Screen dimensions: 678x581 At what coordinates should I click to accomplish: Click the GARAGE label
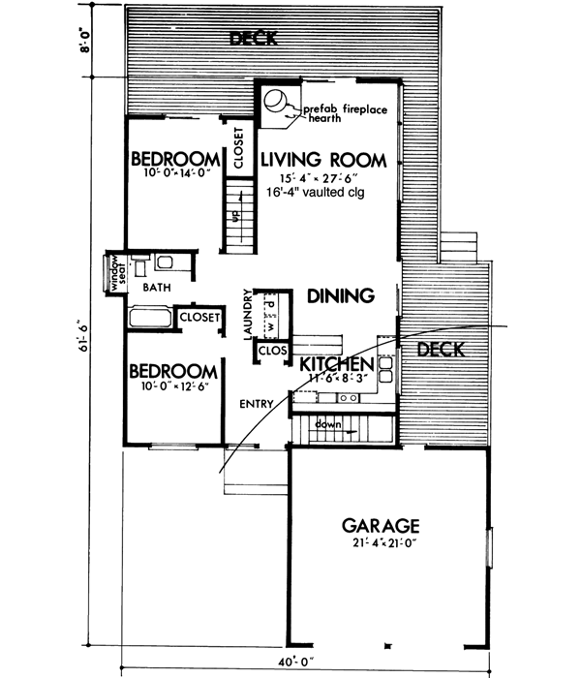tap(381, 526)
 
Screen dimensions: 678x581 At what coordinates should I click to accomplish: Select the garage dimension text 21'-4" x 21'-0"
tap(381, 543)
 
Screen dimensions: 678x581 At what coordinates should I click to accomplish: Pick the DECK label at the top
tap(254, 39)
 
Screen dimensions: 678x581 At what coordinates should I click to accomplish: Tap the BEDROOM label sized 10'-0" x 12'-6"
tap(172, 372)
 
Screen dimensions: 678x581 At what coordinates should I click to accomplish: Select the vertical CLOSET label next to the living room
tap(238, 149)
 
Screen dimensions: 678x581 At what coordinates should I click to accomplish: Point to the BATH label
tap(157, 288)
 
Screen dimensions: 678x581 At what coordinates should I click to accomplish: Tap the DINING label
tap(340, 296)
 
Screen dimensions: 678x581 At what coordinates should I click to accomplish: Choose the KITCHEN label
tap(335, 364)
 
